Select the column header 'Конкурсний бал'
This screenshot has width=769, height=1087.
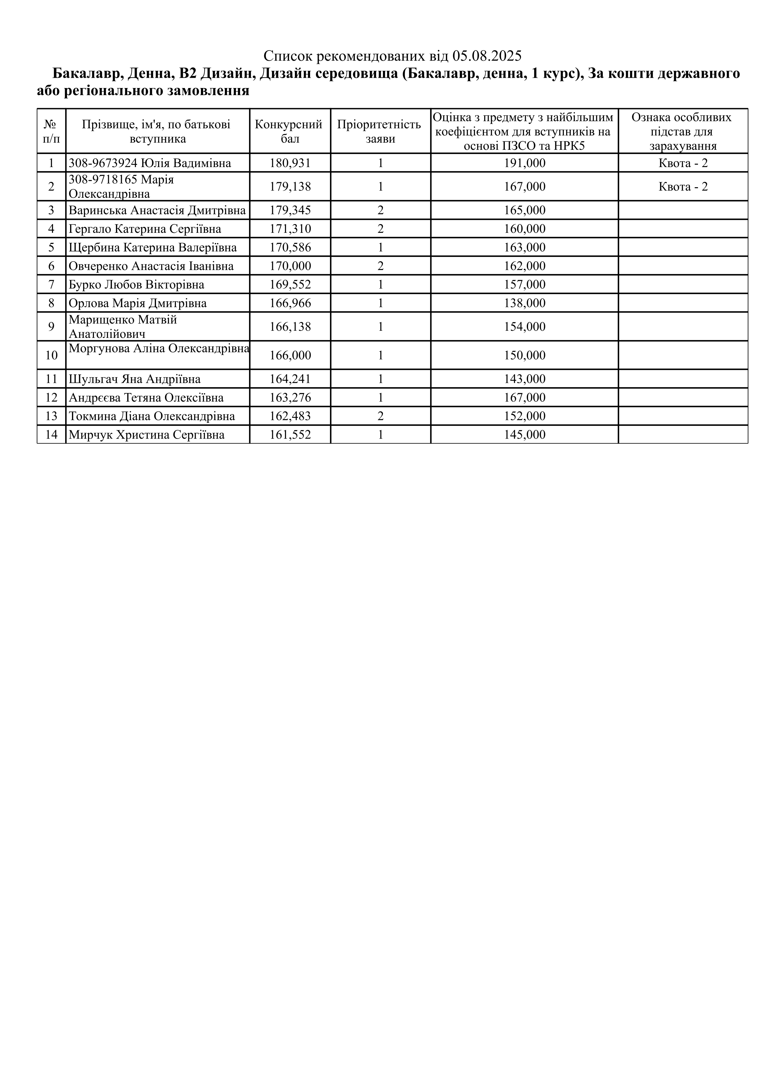click(x=290, y=131)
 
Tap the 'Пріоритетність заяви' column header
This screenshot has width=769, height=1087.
click(x=380, y=131)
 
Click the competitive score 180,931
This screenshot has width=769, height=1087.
click(x=290, y=163)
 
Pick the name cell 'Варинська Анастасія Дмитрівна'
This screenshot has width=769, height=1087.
click(x=157, y=210)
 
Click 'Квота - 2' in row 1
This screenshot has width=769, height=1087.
click(x=683, y=163)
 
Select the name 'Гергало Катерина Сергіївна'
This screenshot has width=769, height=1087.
click(x=145, y=229)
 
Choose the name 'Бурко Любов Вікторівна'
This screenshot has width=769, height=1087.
click(x=136, y=285)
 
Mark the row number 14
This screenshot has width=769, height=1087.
click(x=51, y=435)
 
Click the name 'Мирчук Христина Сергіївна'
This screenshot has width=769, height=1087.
click(x=146, y=435)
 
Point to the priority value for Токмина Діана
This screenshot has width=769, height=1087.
click(x=380, y=416)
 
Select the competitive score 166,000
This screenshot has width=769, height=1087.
click(x=290, y=356)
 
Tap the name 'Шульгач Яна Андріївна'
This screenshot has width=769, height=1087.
click(x=135, y=379)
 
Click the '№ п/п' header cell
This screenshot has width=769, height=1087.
click(x=51, y=131)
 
